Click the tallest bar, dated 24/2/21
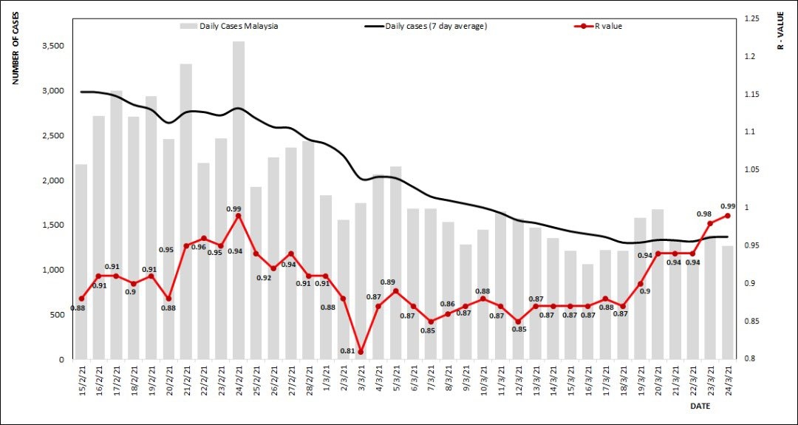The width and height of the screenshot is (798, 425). tap(239, 200)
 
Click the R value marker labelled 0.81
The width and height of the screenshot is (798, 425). tap(361, 352)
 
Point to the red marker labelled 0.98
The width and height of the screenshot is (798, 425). tap(710, 223)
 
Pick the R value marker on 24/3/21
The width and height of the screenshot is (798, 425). tap(728, 215)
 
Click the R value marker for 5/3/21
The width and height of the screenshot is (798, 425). tap(396, 291)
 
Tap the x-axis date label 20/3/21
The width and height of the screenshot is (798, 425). tap(658, 381)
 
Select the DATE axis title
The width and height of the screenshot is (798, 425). tap(700, 407)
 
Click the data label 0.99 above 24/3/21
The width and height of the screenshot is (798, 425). tap(728, 206)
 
